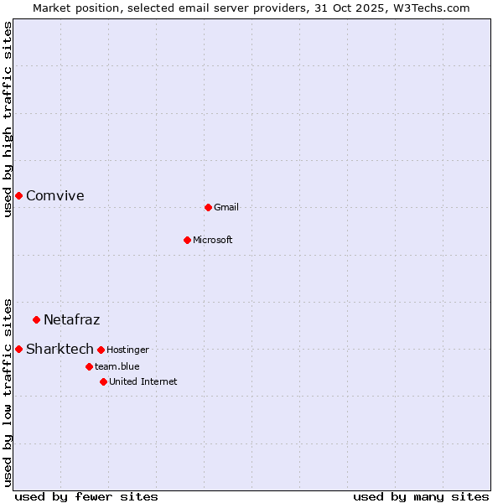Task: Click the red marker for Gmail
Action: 208,207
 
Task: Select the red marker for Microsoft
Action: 187,240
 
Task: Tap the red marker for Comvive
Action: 18,195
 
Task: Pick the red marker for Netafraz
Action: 36,319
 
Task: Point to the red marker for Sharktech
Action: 18,349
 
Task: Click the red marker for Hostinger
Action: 101,350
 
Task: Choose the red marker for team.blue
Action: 89,366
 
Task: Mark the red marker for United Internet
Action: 103,381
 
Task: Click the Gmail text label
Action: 226,207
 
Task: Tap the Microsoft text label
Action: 213,240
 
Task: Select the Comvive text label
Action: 55,196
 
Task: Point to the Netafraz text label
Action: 72,319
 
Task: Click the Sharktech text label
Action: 60,349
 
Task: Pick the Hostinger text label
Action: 127,350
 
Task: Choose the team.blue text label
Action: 117,366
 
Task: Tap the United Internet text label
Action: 143,381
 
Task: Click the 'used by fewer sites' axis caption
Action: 86,496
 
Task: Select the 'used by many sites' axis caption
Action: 421,496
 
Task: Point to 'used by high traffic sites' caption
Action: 8,119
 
